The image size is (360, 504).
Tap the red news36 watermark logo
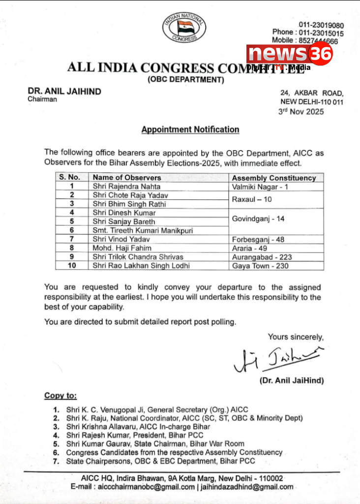click(290, 54)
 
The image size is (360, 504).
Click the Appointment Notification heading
click(190, 129)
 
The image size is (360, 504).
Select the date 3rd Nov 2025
click(301, 112)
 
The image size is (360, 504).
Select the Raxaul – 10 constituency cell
click(252, 200)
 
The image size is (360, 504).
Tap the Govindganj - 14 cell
click(258, 217)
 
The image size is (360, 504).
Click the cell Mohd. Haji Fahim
click(122, 248)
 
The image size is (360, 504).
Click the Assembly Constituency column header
click(273, 178)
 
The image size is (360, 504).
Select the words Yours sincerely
click(296, 337)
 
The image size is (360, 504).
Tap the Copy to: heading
click(60, 396)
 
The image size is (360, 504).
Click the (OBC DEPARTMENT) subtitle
click(185, 80)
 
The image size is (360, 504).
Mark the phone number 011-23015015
click(323, 32)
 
